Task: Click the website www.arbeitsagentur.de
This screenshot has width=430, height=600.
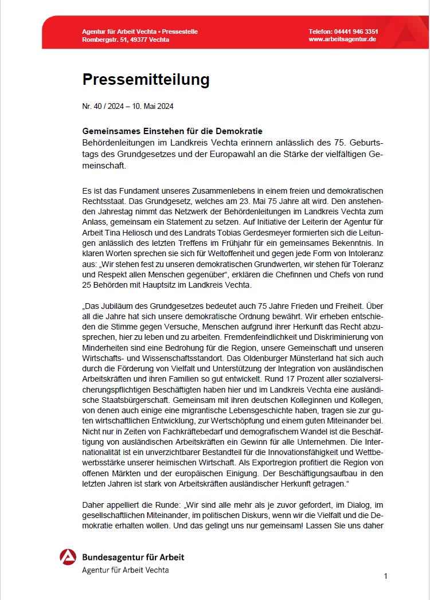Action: tap(342, 40)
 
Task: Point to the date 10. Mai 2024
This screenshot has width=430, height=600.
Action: tap(154, 106)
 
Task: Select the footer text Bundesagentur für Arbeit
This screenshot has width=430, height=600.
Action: tap(133, 557)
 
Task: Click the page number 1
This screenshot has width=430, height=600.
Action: tap(386, 576)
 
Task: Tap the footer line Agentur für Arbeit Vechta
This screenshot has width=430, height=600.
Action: tap(126, 570)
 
